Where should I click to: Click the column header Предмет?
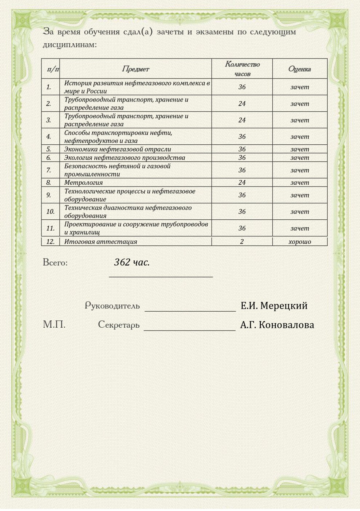click(135, 69)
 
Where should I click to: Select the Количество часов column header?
click(242, 69)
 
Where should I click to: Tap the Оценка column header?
click(299, 69)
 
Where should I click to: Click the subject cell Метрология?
click(84, 183)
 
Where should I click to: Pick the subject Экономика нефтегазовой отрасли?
click(117, 149)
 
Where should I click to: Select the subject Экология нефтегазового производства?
click(124, 157)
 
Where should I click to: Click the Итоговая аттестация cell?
click(101, 241)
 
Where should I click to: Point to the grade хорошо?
click(300, 241)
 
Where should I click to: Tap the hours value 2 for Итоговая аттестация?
click(242, 241)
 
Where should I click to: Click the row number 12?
click(50, 241)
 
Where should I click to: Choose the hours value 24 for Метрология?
click(242, 183)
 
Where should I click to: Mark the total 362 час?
click(132, 262)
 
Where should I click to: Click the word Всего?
click(55, 262)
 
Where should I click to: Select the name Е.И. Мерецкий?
click(274, 306)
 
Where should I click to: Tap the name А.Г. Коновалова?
click(277, 325)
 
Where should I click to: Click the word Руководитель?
click(112, 306)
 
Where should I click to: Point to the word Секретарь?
click(119, 324)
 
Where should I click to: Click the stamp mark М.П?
click(54, 324)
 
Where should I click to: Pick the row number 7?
click(49, 170)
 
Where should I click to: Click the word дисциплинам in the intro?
click(69, 45)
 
